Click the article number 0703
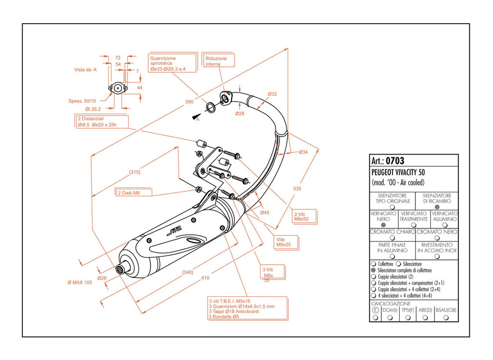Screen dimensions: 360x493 pyautogui.click(x=395, y=161)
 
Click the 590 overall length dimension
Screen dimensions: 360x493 pyautogui.click(x=189, y=102)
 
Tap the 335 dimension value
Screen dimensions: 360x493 pyautogui.click(x=298, y=188)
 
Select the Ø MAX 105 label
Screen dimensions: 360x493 pyautogui.click(x=79, y=282)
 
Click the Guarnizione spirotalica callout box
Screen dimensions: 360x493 pyautogui.click(x=173, y=64)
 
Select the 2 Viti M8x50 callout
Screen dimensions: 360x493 pyautogui.click(x=303, y=215)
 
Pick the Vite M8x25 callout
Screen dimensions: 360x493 pyautogui.click(x=285, y=241)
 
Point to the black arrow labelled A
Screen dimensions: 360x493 pyautogui.click(x=195, y=117)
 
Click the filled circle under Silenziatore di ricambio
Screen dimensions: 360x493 pyautogui.click(x=437, y=206)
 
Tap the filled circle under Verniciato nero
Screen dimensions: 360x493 pyautogui.click(x=383, y=225)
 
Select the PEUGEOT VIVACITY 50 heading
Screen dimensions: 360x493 pyautogui.click(x=398, y=172)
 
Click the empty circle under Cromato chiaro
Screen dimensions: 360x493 pyautogui.click(x=392, y=238)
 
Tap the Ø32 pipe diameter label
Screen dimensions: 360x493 pyautogui.click(x=272, y=93)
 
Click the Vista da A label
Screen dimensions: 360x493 pyautogui.click(x=86, y=69)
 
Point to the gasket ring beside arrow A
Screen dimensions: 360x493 pyautogui.click(x=210, y=107)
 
